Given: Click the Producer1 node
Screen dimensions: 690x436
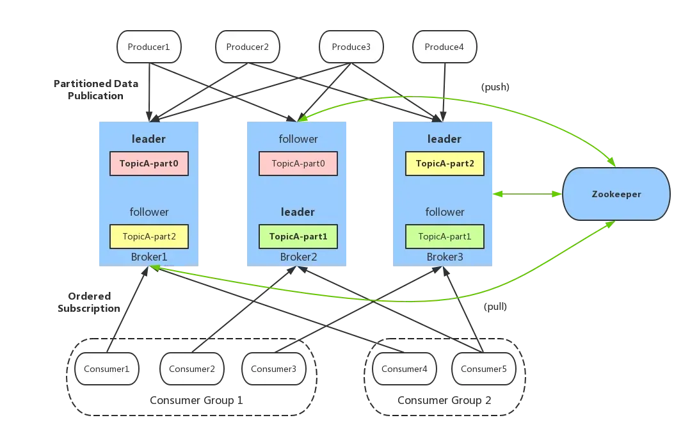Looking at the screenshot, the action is click(148, 47).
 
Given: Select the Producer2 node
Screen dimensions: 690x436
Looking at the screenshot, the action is click(247, 47).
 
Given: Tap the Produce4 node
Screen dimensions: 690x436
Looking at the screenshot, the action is click(444, 47).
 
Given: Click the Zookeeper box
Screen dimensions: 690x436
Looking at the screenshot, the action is click(616, 194).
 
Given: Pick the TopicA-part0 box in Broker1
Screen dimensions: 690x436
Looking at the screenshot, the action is click(149, 164).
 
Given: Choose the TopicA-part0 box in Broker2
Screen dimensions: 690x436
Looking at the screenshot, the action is click(298, 164).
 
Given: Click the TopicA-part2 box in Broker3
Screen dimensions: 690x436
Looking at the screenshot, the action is click(445, 164).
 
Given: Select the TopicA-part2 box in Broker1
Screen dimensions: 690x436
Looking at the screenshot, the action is click(149, 237).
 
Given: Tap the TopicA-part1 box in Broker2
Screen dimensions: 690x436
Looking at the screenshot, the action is click(298, 237).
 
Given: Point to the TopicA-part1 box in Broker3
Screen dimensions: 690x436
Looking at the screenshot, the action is click(445, 237).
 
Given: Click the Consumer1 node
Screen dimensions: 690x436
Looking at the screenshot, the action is click(107, 369).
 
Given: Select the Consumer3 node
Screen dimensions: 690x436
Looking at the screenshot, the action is click(274, 369).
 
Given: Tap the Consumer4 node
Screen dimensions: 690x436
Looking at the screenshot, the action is click(405, 369).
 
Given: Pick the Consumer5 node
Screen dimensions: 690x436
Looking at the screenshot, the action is click(484, 369).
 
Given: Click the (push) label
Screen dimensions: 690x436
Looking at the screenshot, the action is click(495, 86).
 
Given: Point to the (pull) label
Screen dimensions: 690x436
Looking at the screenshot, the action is click(495, 306).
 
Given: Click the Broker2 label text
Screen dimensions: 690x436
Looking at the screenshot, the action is click(298, 257).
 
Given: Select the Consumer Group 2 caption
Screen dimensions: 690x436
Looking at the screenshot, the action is click(444, 400).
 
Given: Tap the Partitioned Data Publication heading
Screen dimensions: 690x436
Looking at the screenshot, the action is click(96, 90).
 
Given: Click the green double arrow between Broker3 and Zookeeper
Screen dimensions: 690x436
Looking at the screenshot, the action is click(527, 193).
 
